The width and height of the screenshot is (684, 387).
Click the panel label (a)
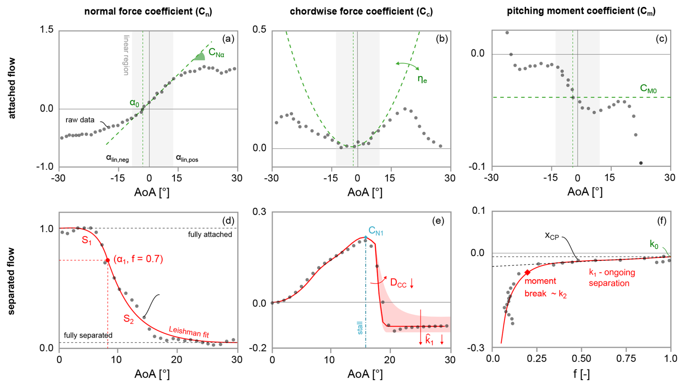click(228, 39)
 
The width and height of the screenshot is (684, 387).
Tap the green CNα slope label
click(216, 54)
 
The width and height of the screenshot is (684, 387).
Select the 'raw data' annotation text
click(80, 120)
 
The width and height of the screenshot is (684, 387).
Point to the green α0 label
click(134, 103)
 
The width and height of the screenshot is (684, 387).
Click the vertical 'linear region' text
click(126, 55)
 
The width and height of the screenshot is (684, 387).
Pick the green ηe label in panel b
click(422, 79)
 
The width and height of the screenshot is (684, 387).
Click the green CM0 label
click(648, 88)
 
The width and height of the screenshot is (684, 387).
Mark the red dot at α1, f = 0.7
click(108, 260)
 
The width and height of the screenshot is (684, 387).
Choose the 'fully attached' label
click(210, 235)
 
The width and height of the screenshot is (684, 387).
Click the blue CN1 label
click(376, 231)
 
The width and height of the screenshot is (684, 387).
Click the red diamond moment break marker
click(527, 273)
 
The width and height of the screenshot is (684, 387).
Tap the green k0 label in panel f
click(654, 244)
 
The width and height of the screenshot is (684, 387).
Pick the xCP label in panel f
click(552, 236)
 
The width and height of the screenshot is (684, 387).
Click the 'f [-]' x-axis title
click(581, 374)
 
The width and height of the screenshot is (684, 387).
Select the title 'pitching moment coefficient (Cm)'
click(581, 11)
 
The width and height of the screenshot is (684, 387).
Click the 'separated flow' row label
click(12, 281)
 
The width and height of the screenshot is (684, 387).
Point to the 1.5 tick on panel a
click(47, 29)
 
